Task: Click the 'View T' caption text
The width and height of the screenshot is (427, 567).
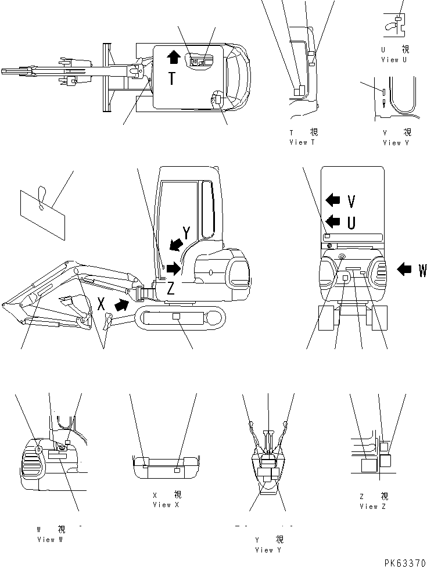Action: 303,142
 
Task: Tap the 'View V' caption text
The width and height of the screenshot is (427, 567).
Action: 396,142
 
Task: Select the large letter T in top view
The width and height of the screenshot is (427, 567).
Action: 173,78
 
